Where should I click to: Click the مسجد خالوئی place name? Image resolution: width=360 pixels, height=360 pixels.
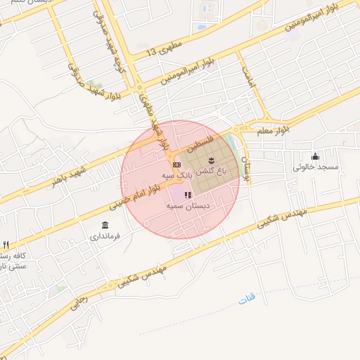pyautogui.click(x=316, y=167)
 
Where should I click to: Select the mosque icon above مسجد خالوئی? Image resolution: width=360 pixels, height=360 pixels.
pyautogui.click(x=315, y=156)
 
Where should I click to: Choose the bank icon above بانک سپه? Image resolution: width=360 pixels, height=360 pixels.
pyautogui.click(x=176, y=163)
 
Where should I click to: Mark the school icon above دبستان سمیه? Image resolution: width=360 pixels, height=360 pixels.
pyautogui.click(x=187, y=194)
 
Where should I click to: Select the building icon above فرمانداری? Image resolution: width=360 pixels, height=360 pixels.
pyautogui.click(x=105, y=225)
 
